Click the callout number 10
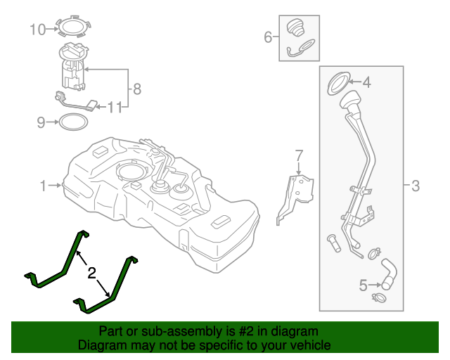coord(37,29)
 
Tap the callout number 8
coord(137,89)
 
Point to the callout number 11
coord(115,107)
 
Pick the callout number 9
coord(41,123)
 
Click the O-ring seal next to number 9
coord(73,122)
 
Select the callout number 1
coord(43,186)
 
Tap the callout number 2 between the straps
coord(91,271)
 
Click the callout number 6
coord(267,37)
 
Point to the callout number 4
coord(366,82)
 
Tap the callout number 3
coord(416,186)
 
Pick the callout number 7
coord(298,155)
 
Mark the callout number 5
coord(364,285)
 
